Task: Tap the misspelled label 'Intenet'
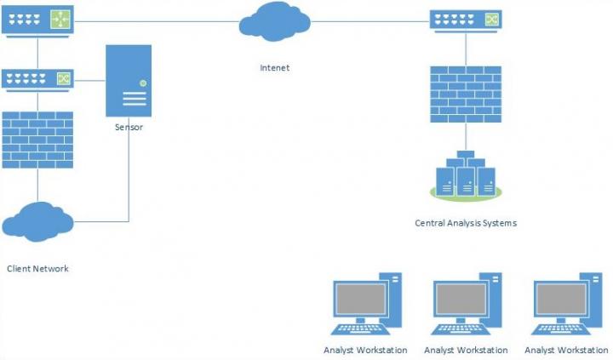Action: [275, 66]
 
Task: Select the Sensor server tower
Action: [129, 80]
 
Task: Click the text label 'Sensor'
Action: [129, 127]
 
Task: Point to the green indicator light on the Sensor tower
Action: [142, 83]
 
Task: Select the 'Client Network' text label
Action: [37, 268]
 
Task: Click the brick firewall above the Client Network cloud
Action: [37, 137]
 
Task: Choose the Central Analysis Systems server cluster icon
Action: [465, 176]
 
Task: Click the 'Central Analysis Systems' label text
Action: [465, 223]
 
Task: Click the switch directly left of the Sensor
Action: [37, 80]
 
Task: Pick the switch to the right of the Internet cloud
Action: [465, 19]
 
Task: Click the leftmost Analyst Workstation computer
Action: [366, 305]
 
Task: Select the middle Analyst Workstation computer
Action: [466, 305]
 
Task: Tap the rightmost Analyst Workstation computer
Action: [565, 305]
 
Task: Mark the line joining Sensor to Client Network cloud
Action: [129, 179]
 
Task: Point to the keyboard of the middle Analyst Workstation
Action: [461, 329]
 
